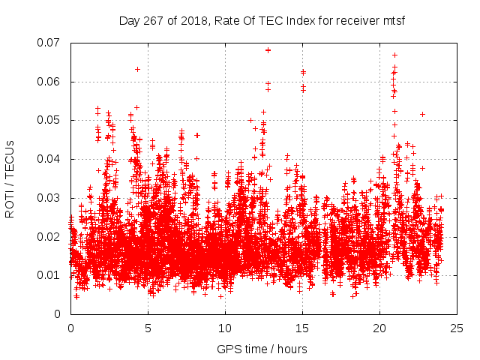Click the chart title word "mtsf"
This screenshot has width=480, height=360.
393,21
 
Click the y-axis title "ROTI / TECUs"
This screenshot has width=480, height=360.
10,178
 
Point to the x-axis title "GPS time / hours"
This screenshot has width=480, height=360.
262,349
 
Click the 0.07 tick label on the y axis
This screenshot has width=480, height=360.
49,43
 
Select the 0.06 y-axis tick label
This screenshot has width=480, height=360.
49,82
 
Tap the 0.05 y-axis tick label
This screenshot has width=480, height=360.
49,120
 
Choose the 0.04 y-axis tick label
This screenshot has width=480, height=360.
49,159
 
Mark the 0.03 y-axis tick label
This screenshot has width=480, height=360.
49,198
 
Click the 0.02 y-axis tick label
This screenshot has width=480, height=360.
49,236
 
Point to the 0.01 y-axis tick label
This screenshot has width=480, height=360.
49,275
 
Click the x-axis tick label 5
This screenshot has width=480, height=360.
148,328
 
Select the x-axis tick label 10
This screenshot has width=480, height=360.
225,328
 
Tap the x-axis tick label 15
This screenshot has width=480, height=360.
302,328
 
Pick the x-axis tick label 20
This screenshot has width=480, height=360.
379,328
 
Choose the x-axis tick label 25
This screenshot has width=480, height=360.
457,328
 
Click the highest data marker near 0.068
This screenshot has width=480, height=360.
268,50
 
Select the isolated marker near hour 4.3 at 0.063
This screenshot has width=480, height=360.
137,69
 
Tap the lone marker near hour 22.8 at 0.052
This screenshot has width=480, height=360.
423,114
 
